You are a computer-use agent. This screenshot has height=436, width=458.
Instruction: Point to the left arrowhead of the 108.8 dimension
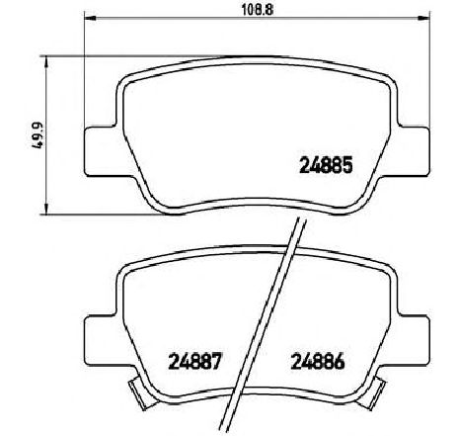point(86,18)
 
